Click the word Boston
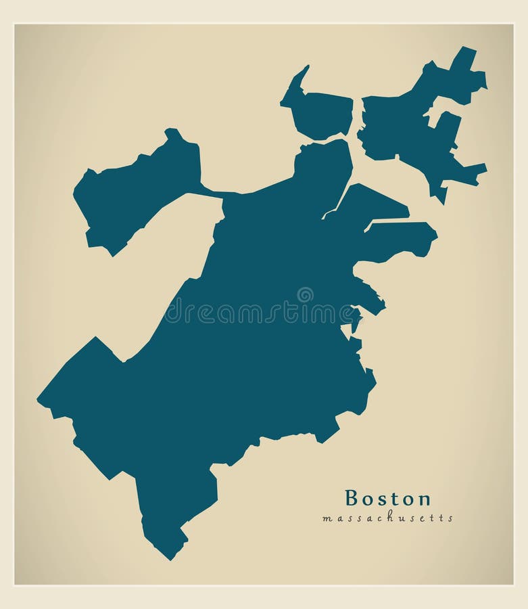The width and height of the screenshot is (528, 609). point(387,499)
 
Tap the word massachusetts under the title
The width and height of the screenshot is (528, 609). point(387,518)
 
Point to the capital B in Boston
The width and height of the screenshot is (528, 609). point(352,499)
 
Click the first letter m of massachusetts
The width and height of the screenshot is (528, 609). point(327,519)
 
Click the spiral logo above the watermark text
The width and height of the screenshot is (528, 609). point(305,294)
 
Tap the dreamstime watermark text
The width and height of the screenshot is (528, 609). point(264,313)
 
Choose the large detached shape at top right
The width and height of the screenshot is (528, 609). point(412,125)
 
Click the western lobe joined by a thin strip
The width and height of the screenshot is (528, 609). point(135,193)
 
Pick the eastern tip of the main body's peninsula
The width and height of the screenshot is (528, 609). point(436,236)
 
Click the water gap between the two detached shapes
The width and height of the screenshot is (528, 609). point(357,122)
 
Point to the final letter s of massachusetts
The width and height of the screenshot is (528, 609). point(450,519)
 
